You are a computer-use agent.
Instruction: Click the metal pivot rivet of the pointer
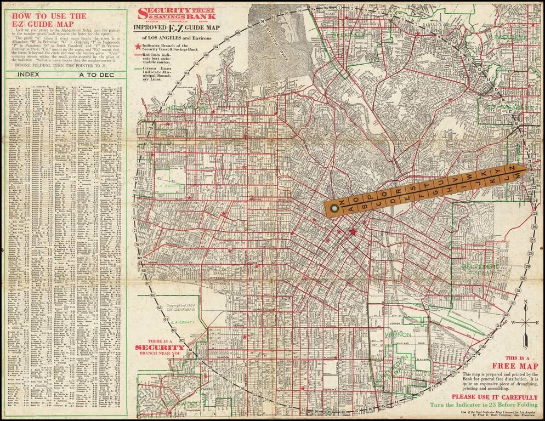click(x=333, y=208)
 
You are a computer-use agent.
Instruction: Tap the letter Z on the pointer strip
click(x=512, y=167)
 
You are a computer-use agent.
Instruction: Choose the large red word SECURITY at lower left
click(x=160, y=348)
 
